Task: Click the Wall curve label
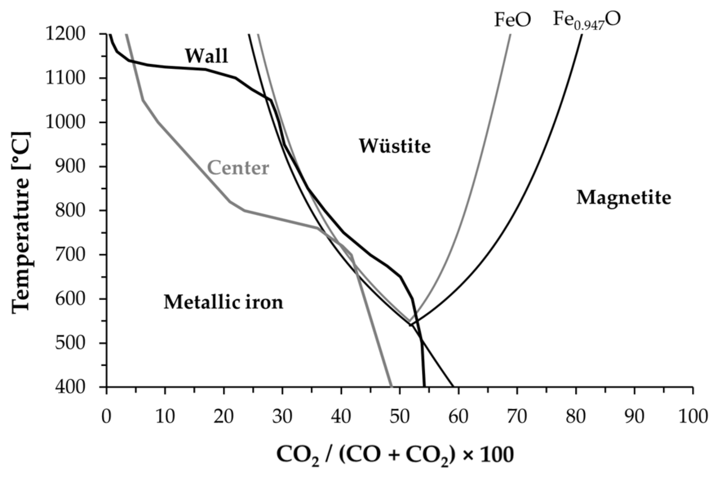(206, 56)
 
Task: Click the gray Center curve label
(238, 168)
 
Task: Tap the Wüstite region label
(395, 146)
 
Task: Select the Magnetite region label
(623, 197)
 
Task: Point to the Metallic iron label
(223, 303)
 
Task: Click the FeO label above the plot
(513, 20)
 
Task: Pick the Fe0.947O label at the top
(586, 20)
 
